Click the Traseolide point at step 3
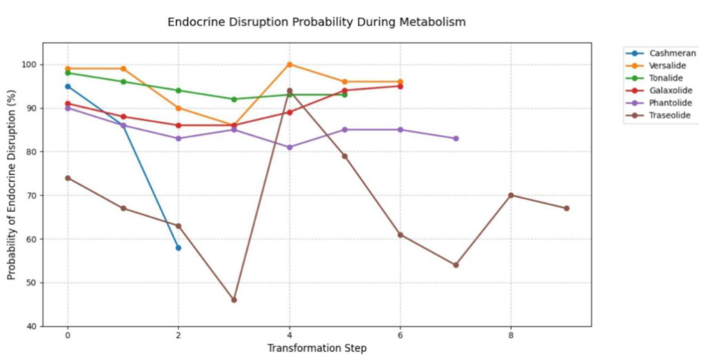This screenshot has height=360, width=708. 234,300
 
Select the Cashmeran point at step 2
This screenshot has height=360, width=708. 178,247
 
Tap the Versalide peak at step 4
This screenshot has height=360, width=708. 289,64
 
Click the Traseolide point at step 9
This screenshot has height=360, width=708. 566,209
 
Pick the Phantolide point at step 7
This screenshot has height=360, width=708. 456,138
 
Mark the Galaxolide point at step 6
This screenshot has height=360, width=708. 400,86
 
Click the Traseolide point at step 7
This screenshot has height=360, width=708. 456,265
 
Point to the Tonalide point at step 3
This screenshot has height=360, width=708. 234,99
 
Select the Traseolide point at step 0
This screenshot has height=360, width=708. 68,178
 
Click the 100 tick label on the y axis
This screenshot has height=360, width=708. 29,64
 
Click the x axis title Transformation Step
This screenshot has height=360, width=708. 317,348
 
